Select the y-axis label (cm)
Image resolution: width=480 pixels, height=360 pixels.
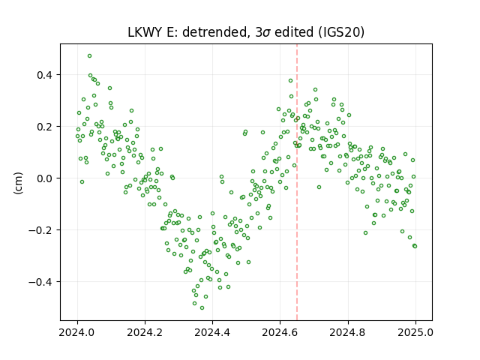[18, 183]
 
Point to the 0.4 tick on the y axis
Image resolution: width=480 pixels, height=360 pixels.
[45, 75]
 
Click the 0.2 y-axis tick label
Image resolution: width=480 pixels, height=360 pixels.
[45, 127]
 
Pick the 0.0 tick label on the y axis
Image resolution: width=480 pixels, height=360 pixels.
[45, 178]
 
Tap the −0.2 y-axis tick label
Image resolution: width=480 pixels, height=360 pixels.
[41, 230]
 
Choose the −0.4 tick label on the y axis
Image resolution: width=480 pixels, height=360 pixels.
[41, 282]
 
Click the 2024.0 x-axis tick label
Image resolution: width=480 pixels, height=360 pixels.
[77, 332]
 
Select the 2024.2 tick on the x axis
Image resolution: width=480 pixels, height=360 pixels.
[145, 332]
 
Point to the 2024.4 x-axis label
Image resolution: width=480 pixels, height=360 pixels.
[212, 332]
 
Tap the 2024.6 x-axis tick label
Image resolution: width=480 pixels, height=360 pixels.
[280, 332]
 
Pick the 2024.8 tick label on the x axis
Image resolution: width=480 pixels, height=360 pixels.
[348, 332]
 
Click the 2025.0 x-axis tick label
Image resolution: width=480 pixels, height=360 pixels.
[415, 332]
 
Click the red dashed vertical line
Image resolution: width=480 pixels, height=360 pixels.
[297, 182]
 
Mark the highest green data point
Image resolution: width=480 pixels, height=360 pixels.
[89, 56]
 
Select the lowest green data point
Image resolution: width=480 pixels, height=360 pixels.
[202, 308]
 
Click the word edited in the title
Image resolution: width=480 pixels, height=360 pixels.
[294, 32]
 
